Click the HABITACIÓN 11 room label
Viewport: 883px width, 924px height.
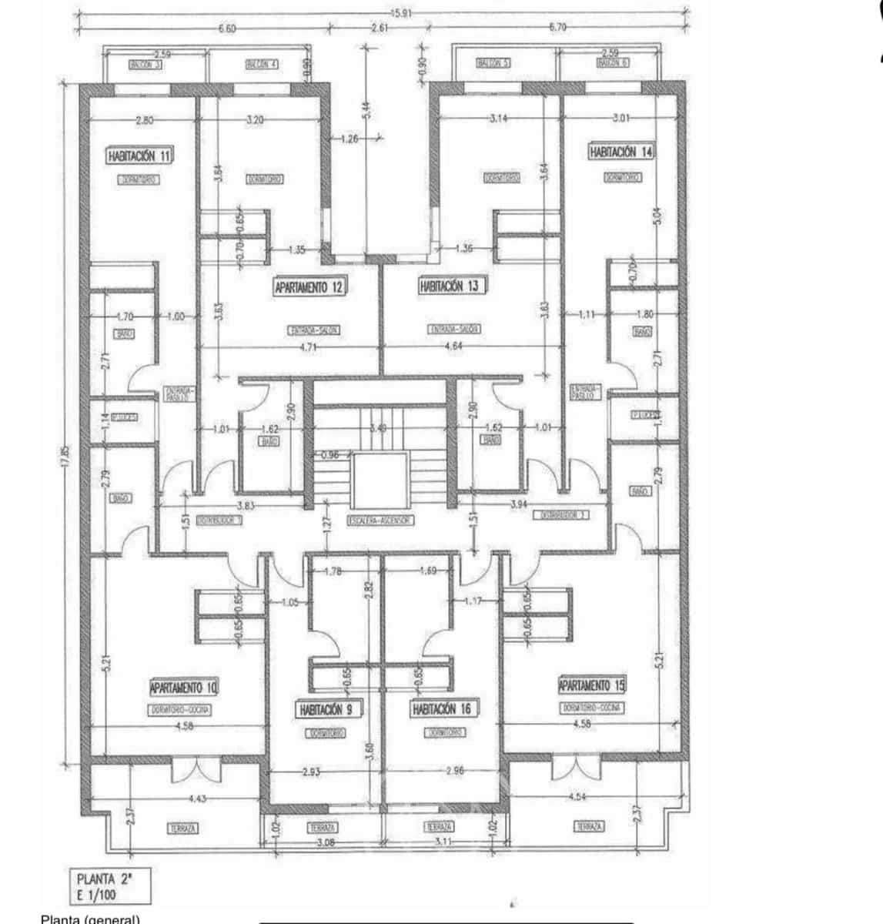(140, 156)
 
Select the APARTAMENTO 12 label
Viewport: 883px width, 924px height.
(309, 287)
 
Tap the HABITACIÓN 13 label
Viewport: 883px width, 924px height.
(450, 286)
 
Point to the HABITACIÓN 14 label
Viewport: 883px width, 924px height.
(621, 152)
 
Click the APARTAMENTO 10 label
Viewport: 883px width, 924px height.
(184, 686)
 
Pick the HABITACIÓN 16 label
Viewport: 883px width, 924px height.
(442, 709)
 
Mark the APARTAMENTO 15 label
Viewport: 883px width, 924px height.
(592, 685)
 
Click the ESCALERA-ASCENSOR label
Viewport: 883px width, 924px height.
(380, 521)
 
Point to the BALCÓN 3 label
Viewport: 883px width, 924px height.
(144, 65)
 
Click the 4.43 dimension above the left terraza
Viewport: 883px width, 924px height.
(197, 799)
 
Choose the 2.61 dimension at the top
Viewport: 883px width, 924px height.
(379, 28)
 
